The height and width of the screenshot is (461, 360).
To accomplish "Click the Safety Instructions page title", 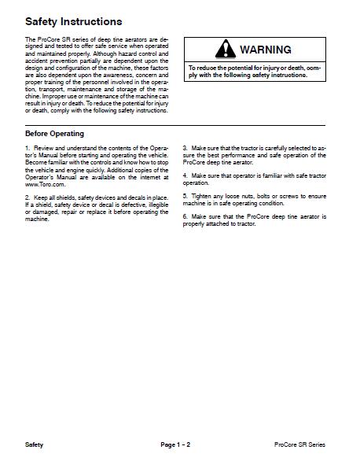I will coord(74,20).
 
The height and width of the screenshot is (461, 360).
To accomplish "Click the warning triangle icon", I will coord(225,50).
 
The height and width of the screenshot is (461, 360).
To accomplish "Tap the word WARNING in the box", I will coord(265,50).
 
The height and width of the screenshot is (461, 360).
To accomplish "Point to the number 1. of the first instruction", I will coord(28,148).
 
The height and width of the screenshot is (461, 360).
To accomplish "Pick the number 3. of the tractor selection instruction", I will coord(185,148).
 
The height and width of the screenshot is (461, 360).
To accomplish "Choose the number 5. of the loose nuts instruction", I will coord(185,194).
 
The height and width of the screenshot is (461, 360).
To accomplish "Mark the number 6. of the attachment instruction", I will coord(185,215).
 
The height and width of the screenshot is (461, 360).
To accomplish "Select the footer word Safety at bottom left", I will coord(35,445).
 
